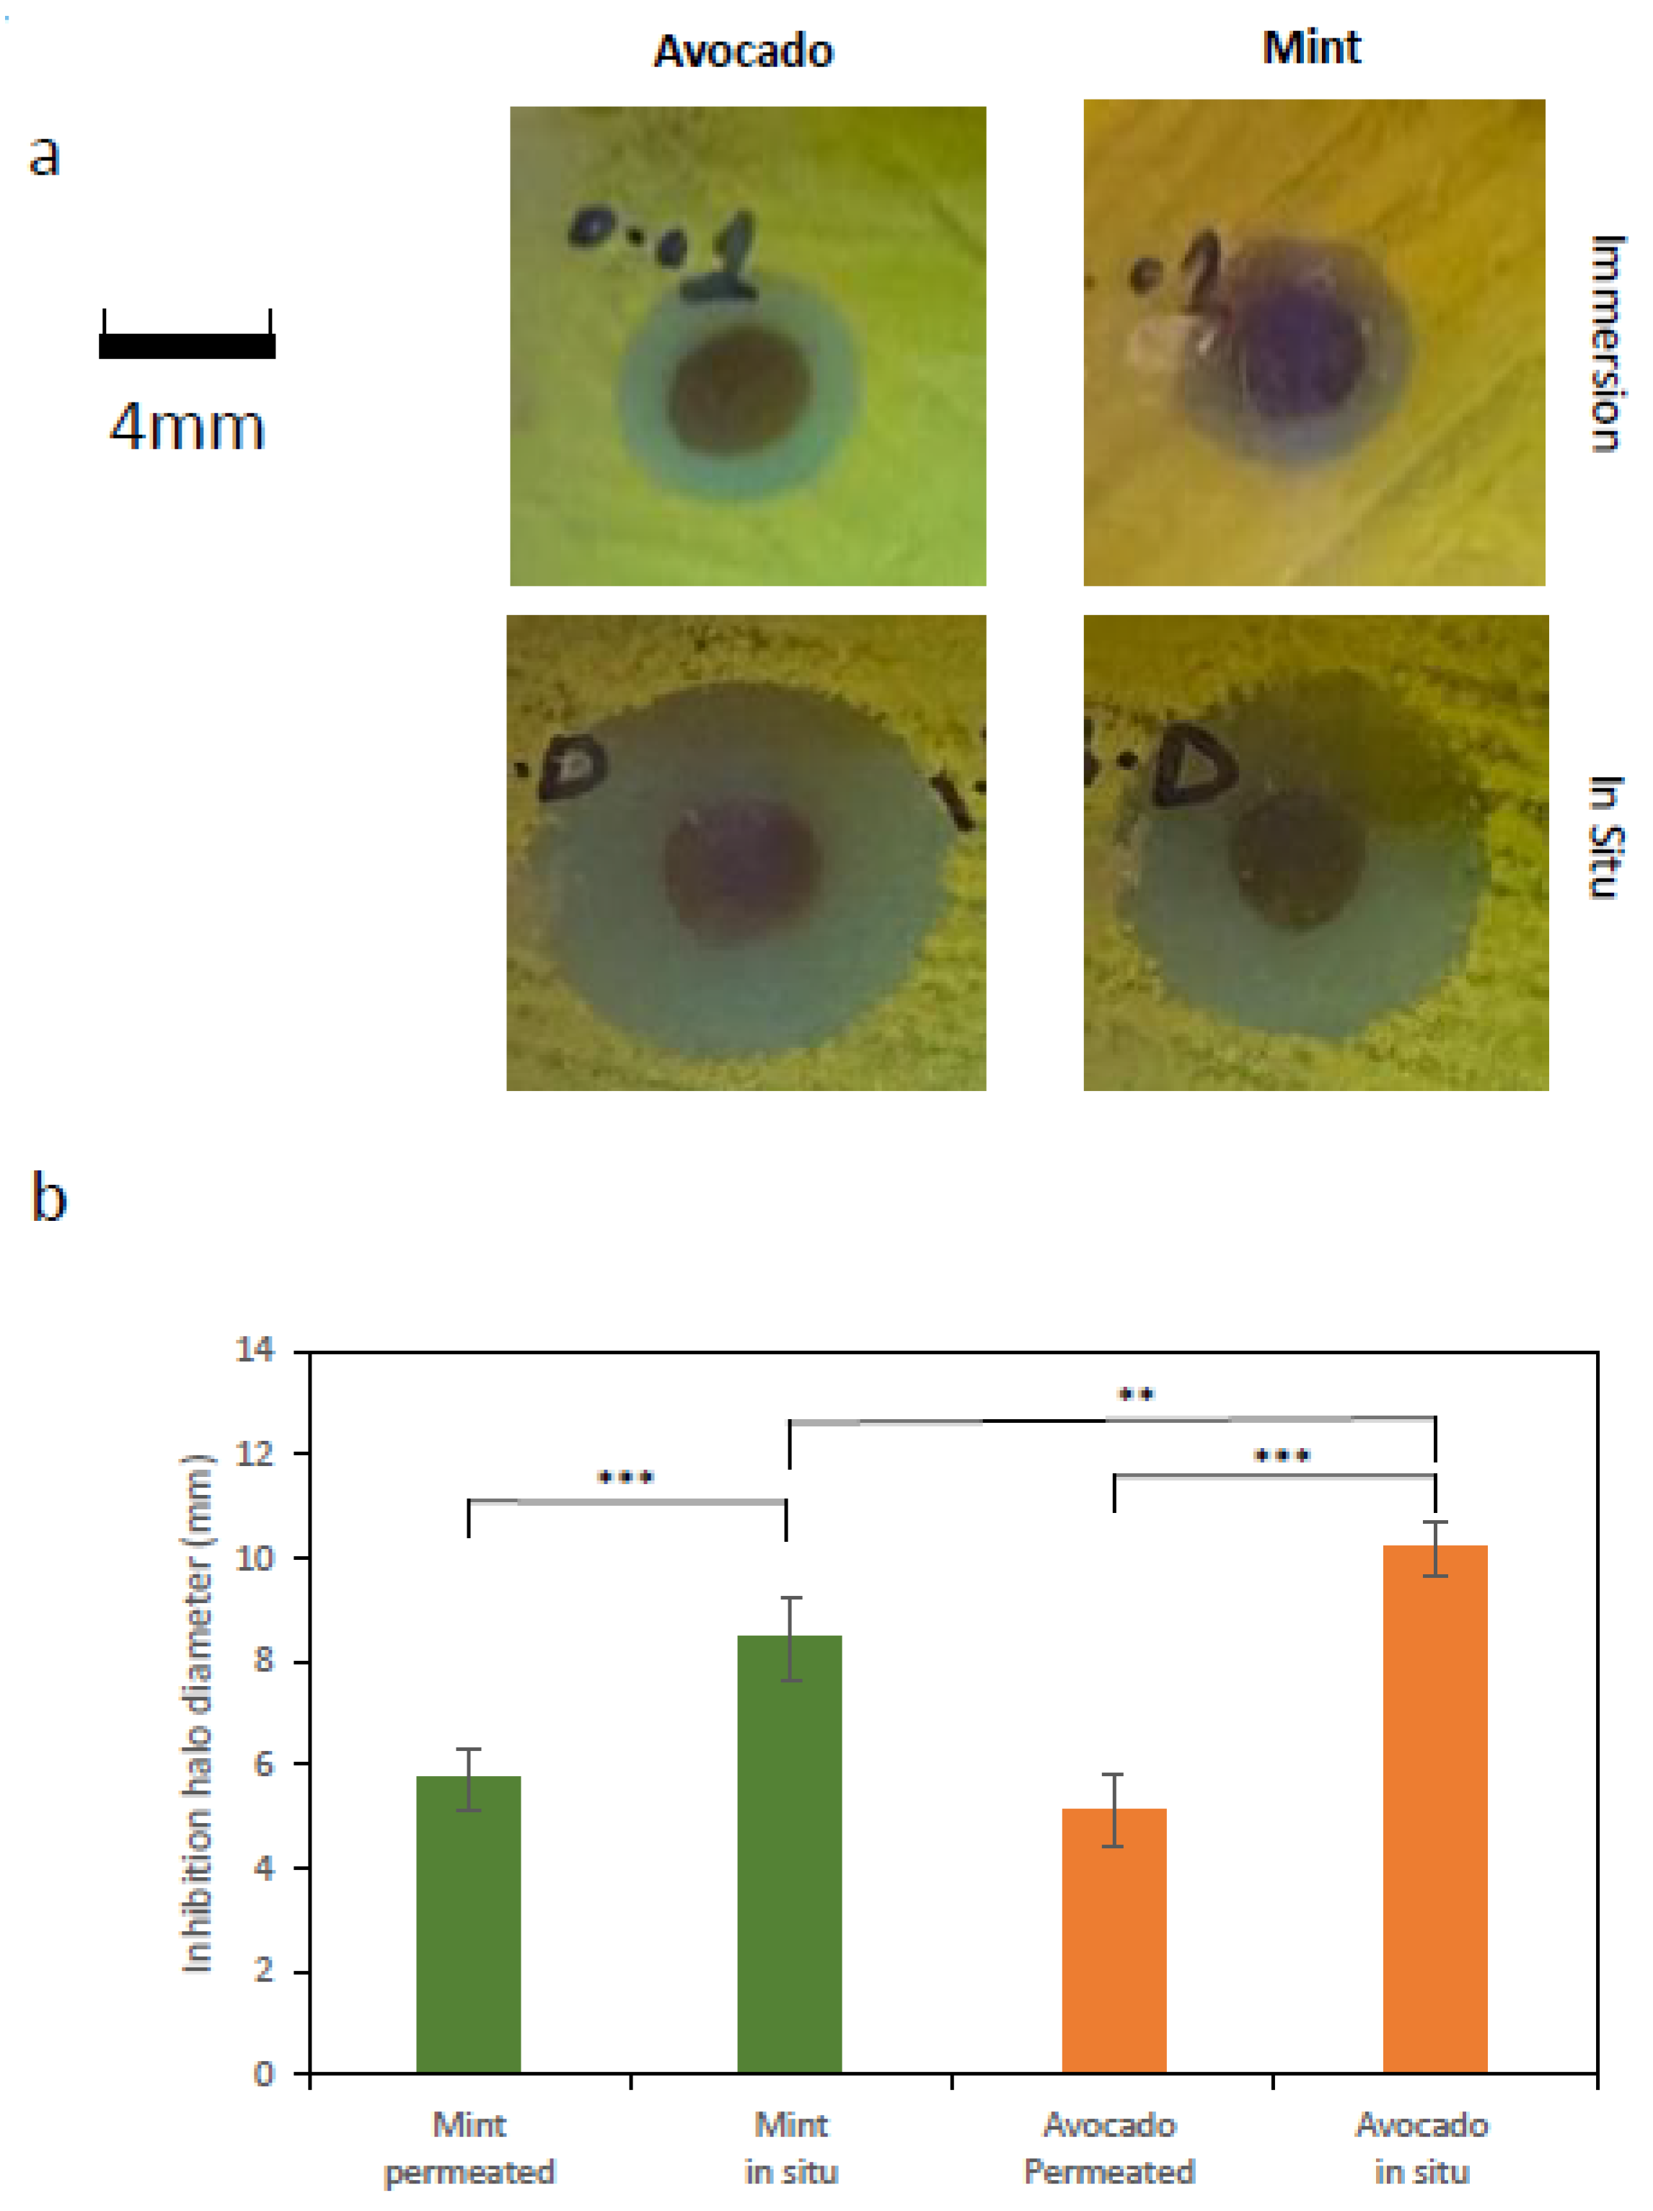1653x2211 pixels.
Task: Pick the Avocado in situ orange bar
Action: (x=1434, y=1809)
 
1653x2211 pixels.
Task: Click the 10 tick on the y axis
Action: (x=254, y=1558)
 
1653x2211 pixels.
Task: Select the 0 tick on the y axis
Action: (x=263, y=2074)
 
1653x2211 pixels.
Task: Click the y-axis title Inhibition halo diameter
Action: (x=198, y=1713)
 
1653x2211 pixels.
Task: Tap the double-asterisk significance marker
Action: (x=1134, y=1395)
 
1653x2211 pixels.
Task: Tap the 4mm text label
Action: (x=187, y=427)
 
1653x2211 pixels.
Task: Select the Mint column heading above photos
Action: (x=1310, y=47)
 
